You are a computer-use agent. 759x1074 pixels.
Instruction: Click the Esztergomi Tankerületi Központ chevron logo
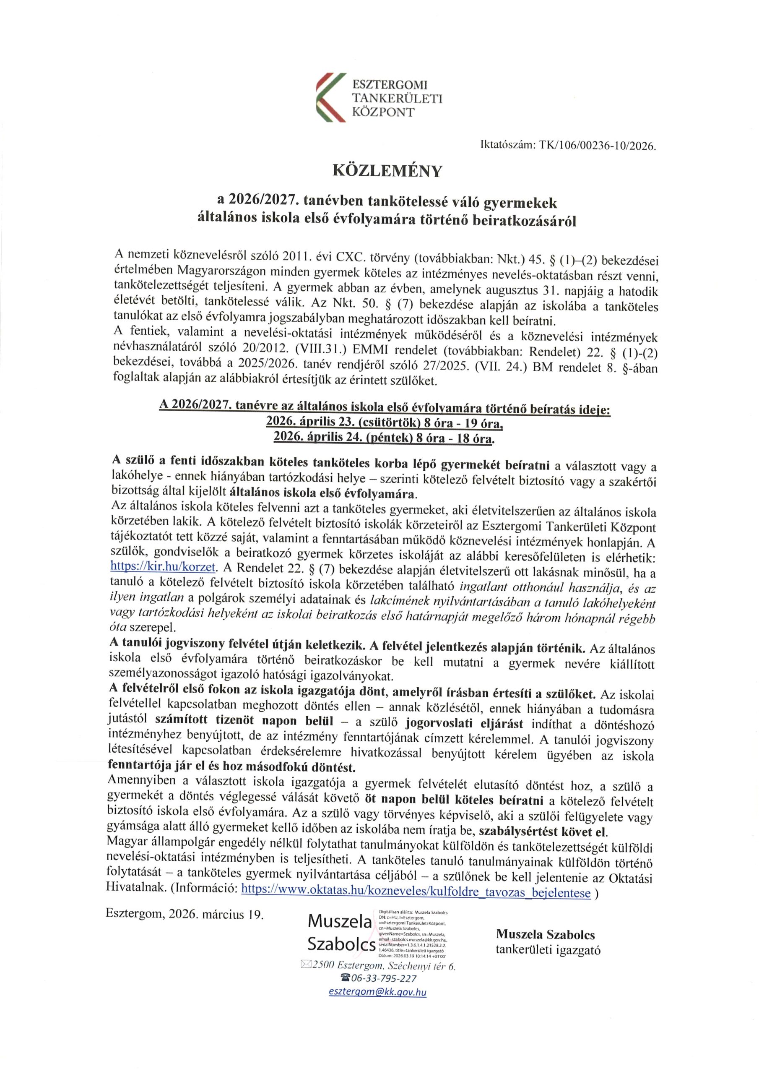click(x=330, y=97)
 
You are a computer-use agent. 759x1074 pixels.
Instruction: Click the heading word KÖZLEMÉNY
click(x=387, y=171)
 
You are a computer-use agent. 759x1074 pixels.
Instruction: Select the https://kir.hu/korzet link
click(x=163, y=566)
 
